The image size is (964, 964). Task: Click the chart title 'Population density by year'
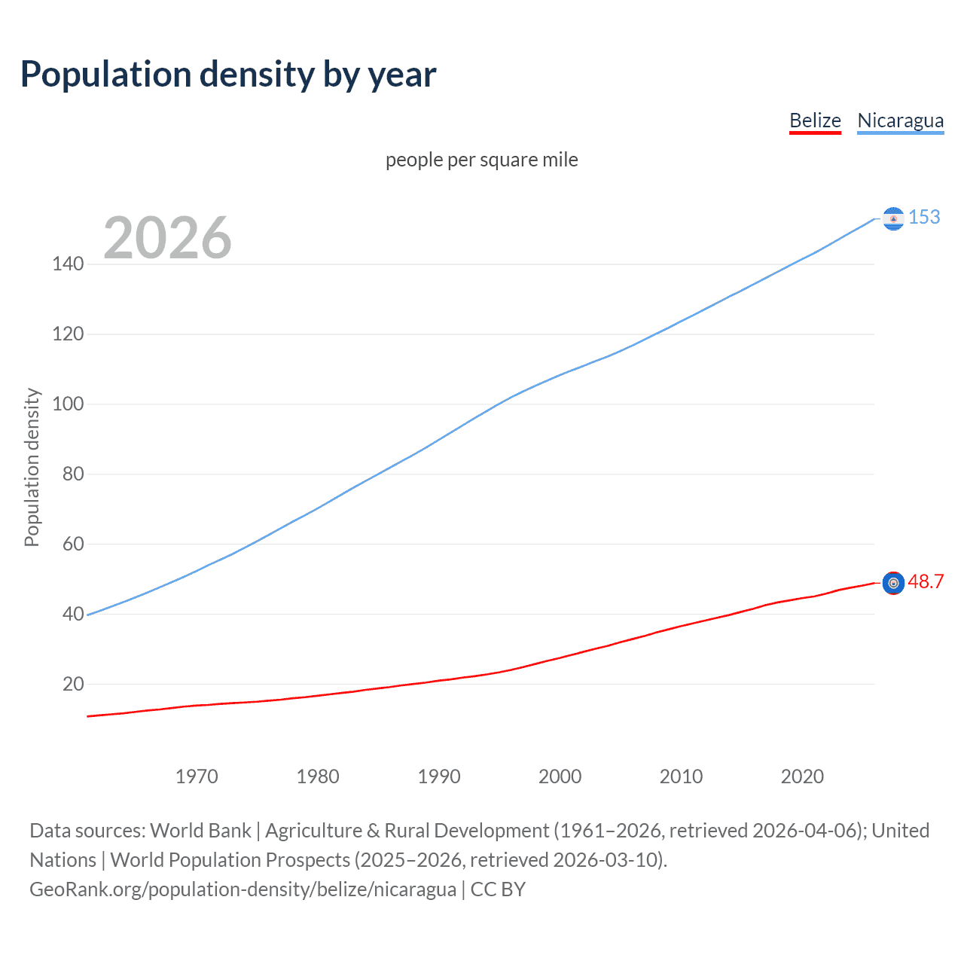(228, 75)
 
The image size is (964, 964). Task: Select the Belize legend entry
(815, 120)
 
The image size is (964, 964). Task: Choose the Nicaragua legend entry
(900, 120)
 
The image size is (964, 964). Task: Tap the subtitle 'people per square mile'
(481, 160)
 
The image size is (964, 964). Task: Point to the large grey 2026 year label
(167, 238)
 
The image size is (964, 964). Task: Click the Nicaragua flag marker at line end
(893, 218)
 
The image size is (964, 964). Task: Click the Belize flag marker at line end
(893, 583)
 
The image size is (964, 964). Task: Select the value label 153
(924, 217)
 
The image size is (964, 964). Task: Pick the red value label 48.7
(926, 581)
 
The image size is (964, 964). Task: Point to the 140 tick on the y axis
(68, 264)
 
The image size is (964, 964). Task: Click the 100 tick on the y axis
(68, 404)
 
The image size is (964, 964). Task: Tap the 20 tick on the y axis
(73, 684)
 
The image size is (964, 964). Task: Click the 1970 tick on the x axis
(197, 776)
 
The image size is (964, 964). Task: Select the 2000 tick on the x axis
(560, 776)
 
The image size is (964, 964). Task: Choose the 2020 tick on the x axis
(802, 776)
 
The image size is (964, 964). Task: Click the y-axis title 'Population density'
(32, 467)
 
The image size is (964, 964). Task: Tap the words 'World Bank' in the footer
(200, 830)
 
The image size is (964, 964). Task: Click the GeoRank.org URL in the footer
(243, 889)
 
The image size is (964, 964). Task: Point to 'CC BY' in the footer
(498, 889)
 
